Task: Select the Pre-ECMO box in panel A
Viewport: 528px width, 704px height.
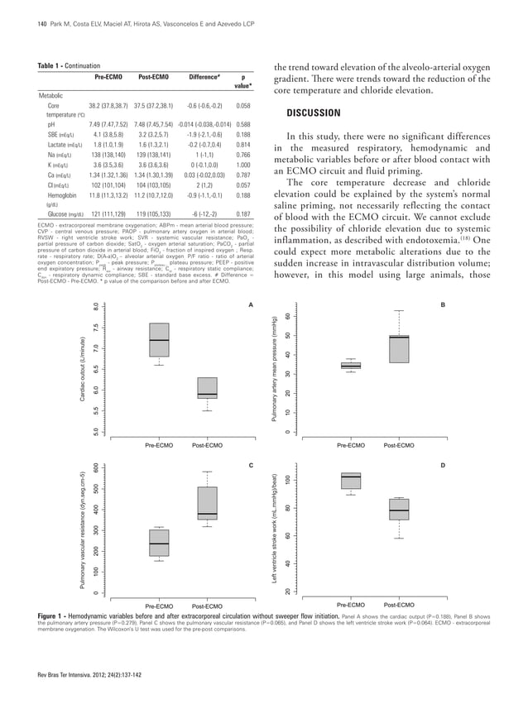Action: [x=160, y=340]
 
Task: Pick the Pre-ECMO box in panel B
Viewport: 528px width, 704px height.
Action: [x=351, y=365]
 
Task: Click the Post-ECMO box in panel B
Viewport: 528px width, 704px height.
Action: [x=399, y=348]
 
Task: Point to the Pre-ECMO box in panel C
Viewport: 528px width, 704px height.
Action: [x=160, y=543]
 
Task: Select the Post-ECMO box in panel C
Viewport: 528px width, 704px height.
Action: [x=207, y=504]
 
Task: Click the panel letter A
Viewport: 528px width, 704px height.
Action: [x=250, y=306]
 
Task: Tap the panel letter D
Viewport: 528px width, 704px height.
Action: [x=442, y=467]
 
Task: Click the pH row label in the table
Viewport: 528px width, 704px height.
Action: [x=54, y=124]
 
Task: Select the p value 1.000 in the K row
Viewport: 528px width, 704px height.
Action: [x=243, y=165]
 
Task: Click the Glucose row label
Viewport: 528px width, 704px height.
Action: [x=63, y=213]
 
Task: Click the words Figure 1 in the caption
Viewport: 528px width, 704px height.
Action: [x=57, y=617]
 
